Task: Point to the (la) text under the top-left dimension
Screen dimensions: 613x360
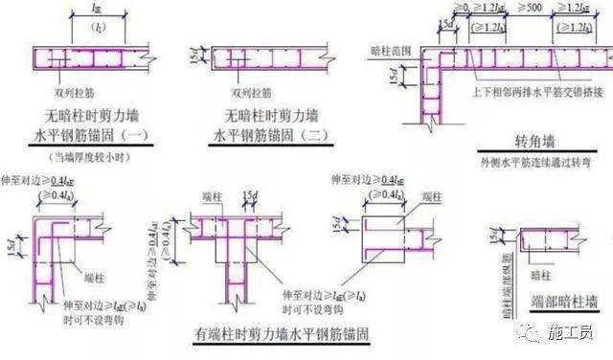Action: [x=95, y=25]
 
